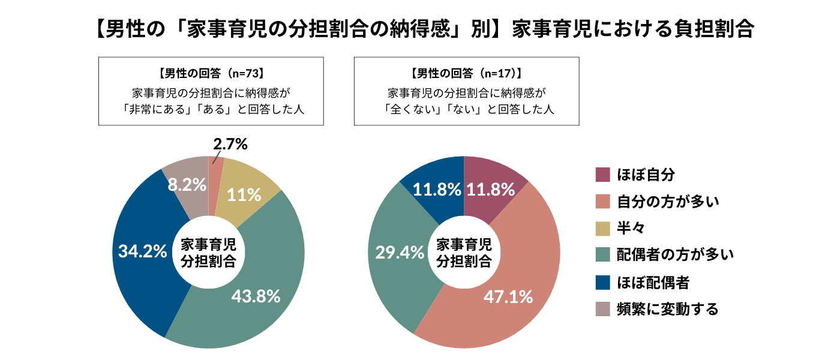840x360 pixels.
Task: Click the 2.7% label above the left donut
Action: coord(230,145)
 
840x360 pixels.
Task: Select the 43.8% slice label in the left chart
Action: coord(256,296)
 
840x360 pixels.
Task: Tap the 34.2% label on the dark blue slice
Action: coord(142,251)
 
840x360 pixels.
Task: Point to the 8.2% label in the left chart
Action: coord(187,185)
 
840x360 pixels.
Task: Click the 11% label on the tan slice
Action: coord(245,194)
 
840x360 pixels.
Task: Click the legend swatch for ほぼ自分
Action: coord(602,175)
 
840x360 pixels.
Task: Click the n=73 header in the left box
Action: coord(211,74)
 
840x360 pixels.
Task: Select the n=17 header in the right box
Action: coord(466,74)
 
